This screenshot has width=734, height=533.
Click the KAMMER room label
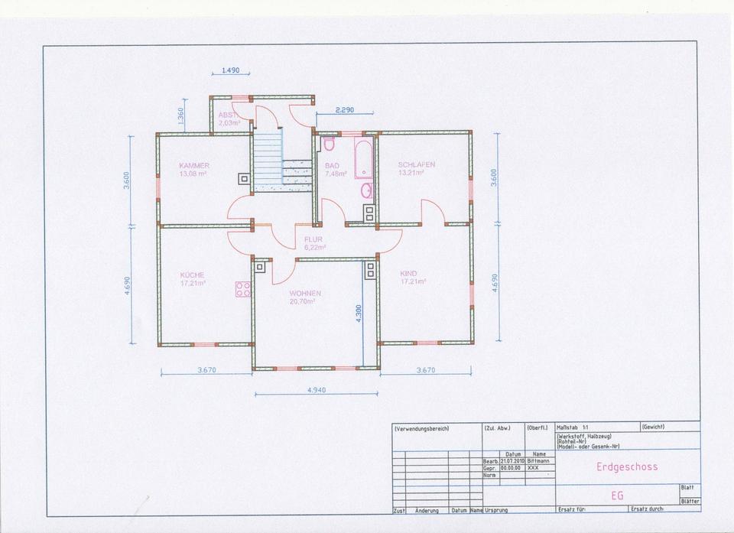[x=194, y=165]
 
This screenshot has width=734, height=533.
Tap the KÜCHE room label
[x=192, y=275]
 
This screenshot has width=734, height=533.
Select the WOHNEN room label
[x=305, y=293]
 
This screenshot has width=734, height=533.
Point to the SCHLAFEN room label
[x=417, y=164]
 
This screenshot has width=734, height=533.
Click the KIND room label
[x=408, y=273]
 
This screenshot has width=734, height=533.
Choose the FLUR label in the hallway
[x=313, y=239]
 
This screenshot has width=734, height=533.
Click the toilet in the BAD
[x=330, y=144]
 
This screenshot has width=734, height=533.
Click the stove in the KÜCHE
[x=244, y=289]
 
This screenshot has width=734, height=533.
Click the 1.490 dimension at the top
[x=230, y=70]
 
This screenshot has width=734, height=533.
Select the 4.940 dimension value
[x=316, y=390]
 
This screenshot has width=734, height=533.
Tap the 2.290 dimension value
[x=345, y=110]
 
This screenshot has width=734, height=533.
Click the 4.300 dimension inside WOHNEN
[x=359, y=314]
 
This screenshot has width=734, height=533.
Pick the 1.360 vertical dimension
[x=180, y=116]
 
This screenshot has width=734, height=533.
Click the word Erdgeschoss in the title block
[x=626, y=466]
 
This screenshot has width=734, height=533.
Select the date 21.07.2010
[x=512, y=461]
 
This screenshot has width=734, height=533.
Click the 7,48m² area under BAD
[x=336, y=174]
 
